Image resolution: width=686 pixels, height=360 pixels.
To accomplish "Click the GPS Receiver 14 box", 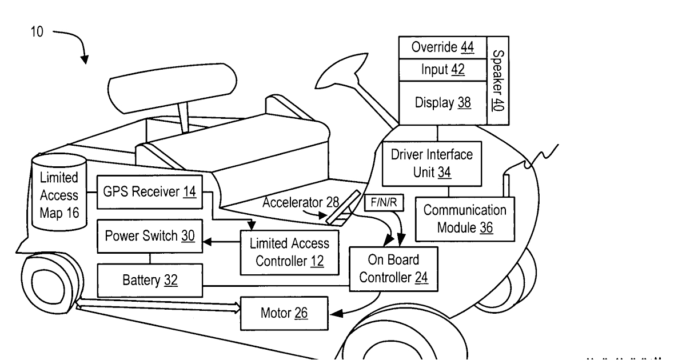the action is pyautogui.click(x=150, y=192).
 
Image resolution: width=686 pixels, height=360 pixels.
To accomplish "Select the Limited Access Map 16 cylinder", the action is pyautogui.click(x=59, y=192).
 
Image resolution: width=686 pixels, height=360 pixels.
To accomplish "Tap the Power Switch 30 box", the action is pyautogui.click(x=150, y=236).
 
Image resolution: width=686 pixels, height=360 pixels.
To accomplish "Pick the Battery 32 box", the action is pyautogui.click(x=150, y=280).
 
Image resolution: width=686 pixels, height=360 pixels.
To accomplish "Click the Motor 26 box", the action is pyautogui.click(x=284, y=313).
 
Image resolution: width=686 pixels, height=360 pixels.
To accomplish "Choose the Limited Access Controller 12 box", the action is pyautogui.click(x=290, y=253).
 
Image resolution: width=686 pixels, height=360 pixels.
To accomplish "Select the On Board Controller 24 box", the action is pyautogui.click(x=393, y=269).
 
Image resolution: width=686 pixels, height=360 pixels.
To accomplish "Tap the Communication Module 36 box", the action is pyautogui.click(x=465, y=219).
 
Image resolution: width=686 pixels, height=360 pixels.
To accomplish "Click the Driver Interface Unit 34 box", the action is pyautogui.click(x=432, y=163).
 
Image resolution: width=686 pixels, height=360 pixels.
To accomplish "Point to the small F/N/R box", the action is pyautogui.click(x=384, y=202).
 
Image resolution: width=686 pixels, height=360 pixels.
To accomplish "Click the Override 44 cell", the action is pyautogui.click(x=443, y=47).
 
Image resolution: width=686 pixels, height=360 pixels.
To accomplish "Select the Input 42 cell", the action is pyautogui.click(x=443, y=70).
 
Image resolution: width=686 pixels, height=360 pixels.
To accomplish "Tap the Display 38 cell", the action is pyautogui.click(x=443, y=103).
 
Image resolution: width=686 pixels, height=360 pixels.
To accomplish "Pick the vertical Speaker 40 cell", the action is pyautogui.click(x=498, y=81).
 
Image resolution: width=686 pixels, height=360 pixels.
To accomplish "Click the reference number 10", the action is pyautogui.click(x=37, y=32).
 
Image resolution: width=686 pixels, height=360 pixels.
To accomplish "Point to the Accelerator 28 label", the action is pyautogui.click(x=301, y=202).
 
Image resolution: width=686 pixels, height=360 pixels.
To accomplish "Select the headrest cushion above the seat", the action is pyautogui.click(x=172, y=88).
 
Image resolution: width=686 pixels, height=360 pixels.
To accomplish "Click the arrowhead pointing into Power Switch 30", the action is pyautogui.click(x=207, y=242).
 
